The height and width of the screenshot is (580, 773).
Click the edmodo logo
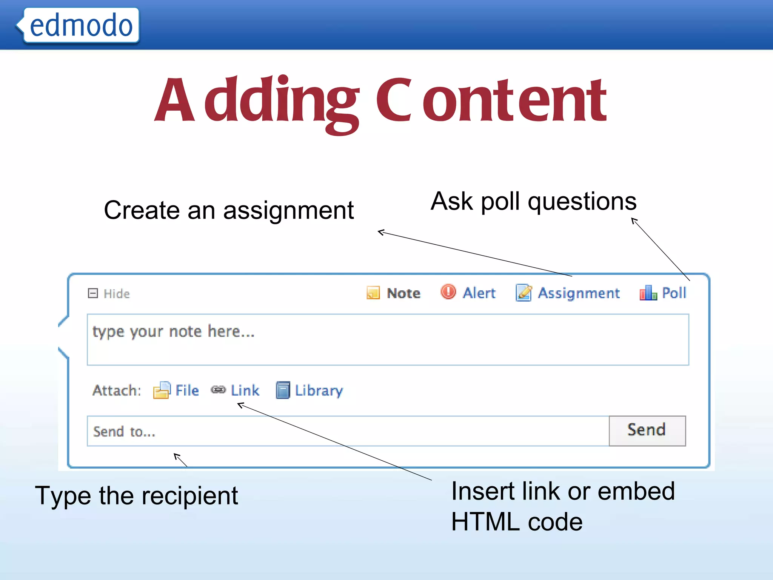(x=81, y=26)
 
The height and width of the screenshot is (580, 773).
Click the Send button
(x=647, y=430)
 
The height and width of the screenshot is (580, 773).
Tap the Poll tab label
(x=674, y=293)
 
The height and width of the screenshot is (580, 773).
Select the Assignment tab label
(x=579, y=293)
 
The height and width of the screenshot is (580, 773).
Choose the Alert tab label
(x=479, y=293)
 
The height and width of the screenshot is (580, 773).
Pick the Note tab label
(x=403, y=293)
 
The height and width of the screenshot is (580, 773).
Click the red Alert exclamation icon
(x=448, y=292)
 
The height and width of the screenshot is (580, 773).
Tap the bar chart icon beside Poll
(x=648, y=293)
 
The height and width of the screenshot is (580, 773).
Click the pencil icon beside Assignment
(x=524, y=293)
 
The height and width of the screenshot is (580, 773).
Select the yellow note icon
(x=373, y=293)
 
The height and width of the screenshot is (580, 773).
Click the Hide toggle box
(x=93, y=293)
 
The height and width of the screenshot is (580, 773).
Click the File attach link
(x=187, y=390)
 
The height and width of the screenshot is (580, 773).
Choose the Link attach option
(x=245, y=390)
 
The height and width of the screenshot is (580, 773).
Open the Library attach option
(x=319, y=390)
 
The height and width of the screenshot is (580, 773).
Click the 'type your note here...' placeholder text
(x=174, y=332)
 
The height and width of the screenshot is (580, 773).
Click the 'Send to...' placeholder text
(x=124, y=431)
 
